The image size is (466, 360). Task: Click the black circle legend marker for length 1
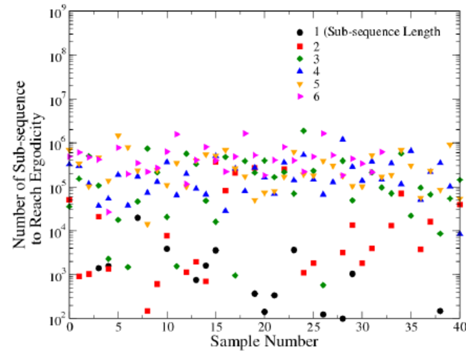(298, 32)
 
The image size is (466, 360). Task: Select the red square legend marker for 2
(298, 45)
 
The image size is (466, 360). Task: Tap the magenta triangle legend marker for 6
(299, 97)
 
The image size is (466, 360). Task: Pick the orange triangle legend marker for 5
(298, 84)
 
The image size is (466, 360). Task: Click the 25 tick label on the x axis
(314, 328)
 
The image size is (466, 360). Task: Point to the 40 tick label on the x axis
(459, 328)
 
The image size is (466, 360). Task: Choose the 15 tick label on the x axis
(216, 328)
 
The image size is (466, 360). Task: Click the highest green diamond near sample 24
(303, 131)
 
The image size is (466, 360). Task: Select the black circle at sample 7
(138, 218)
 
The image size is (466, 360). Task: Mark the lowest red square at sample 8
(147, 311)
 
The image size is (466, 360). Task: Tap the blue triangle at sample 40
(459, 233)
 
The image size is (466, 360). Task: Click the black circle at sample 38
(440, 311)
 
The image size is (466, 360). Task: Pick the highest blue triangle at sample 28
(343, 139)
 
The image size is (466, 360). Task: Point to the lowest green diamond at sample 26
(323, 285)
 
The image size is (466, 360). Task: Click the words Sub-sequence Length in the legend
(383, 32)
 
